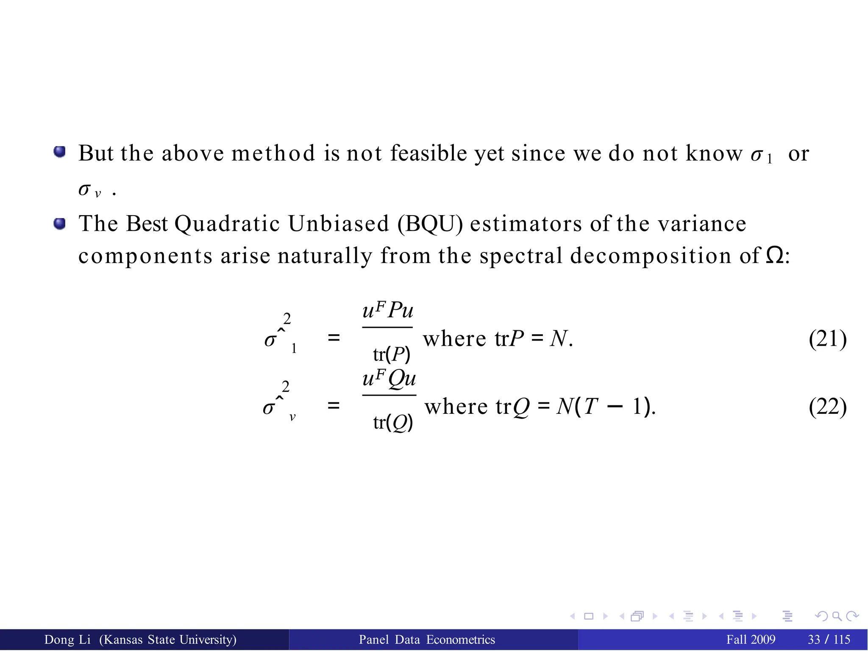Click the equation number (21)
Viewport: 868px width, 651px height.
click(827, 339)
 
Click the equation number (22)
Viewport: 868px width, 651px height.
click(827, 407)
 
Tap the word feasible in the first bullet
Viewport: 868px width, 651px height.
click(428, 153)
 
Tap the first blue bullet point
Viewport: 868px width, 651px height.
click(60, 152)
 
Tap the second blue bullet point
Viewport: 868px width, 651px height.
click(60, 223)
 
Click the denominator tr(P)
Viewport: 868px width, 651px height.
click(392, 355)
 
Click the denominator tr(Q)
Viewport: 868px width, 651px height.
click(393, 422)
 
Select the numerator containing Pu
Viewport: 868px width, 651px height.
click(388, 310)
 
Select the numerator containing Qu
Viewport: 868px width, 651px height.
click(389, 378)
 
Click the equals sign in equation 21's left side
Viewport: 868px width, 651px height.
click(334, 338)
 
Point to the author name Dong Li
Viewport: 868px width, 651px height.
click(67, 640)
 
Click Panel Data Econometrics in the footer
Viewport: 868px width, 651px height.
click(427, 640)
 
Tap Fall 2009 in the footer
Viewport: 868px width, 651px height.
click(751, 640)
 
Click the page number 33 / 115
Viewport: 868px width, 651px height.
click(829, 640)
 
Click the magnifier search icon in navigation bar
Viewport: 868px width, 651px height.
click(837, 616)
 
